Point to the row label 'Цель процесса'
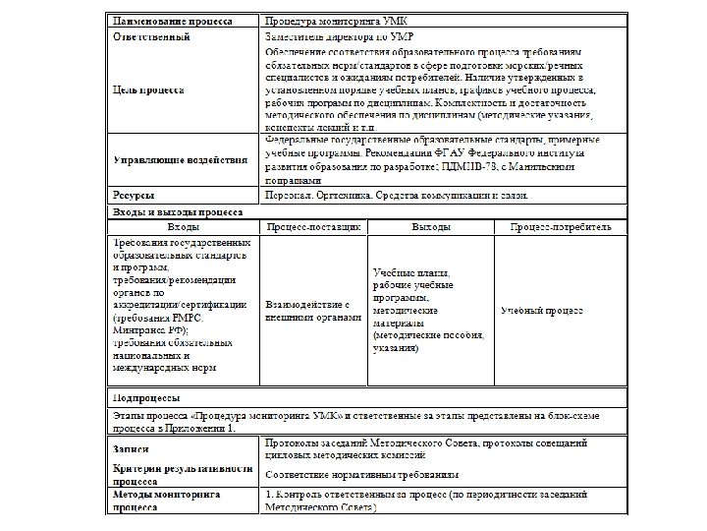pyautogui.click(x=148, y=89)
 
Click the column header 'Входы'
pyautogui.click(x=183, y=227)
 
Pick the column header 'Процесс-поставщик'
pyautogui.click(x=312, y=227)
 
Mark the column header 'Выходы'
pyautogui.click(x=431, y=227)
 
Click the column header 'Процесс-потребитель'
pyautogui.click(x=561, y=227)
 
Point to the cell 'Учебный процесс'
pyautogui.click(x=542, y=311)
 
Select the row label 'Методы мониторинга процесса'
pyautogui.click(x=165, y=502)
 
